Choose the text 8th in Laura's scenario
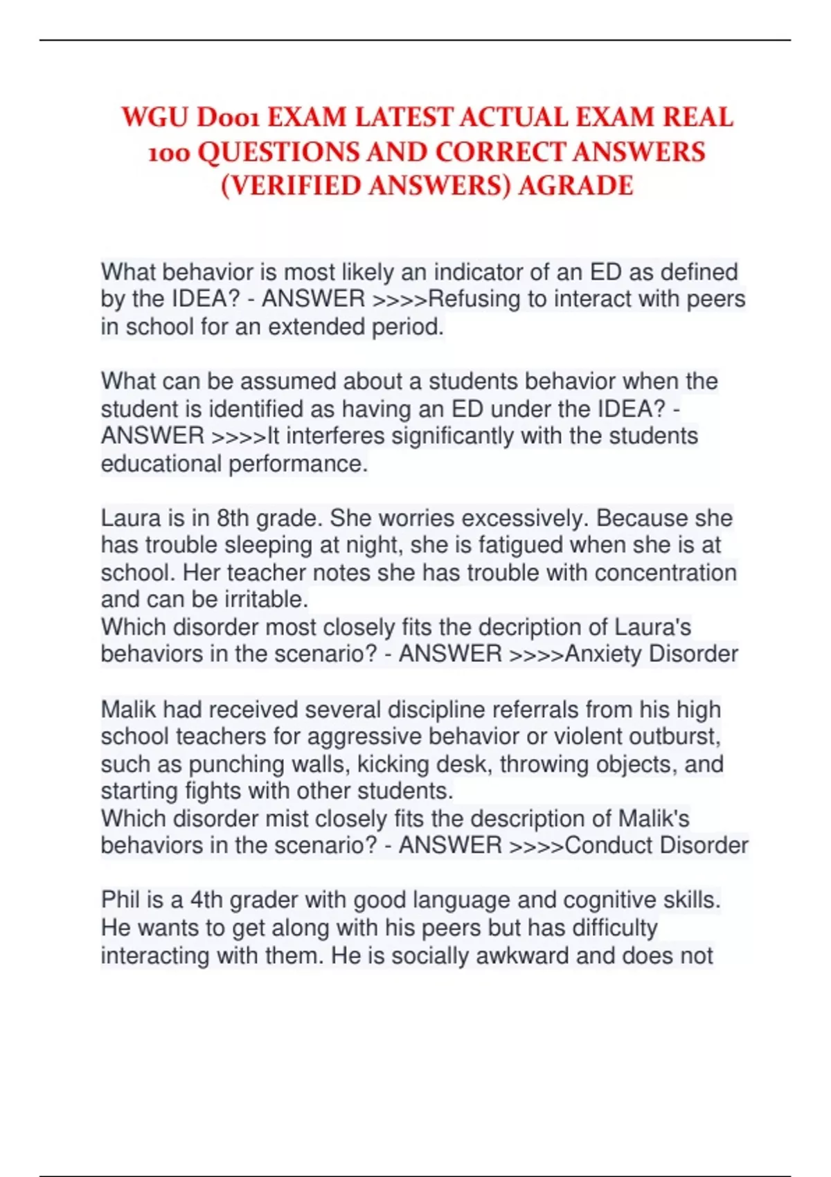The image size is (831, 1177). [233, 519]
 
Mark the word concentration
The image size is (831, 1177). [665, 573]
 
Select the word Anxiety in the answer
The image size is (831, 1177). [603, 654]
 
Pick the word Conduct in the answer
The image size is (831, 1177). [608, 845]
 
